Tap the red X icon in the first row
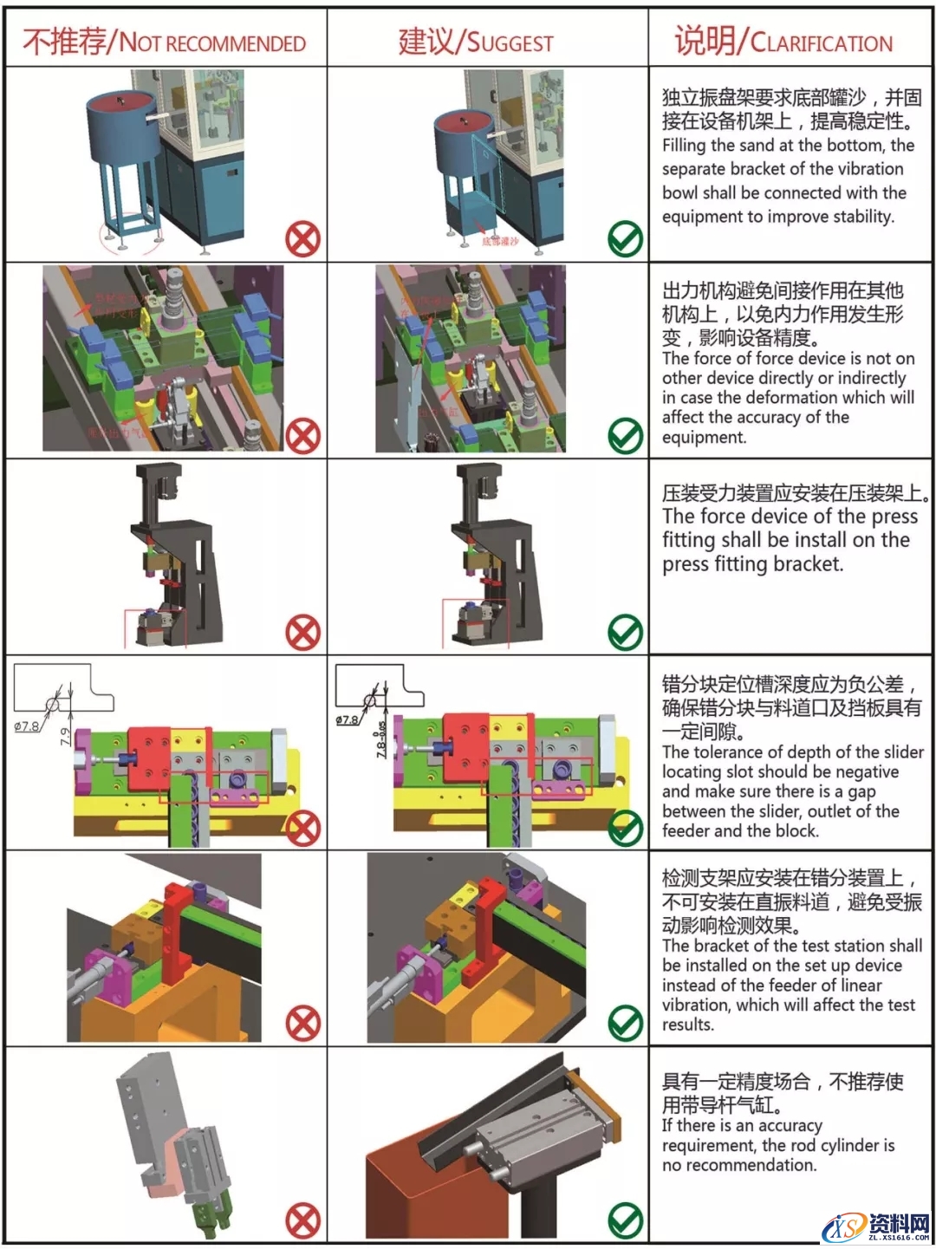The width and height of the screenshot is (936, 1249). click(x=302, y=239)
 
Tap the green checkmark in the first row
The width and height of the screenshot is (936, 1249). click(x=625, y=239)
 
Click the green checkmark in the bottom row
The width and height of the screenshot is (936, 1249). click(x=625, y=1221)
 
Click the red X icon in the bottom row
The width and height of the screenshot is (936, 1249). click(x=302, y=1222)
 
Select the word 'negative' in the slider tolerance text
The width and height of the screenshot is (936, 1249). click(x=863, y=771)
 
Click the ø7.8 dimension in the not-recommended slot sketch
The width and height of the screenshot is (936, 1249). click(x=26, y=726)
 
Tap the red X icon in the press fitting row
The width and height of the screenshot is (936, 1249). click(x=302, y=633)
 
